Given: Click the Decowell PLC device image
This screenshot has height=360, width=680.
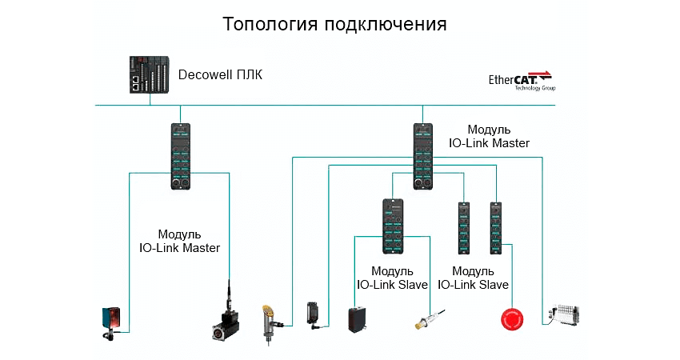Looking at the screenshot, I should coord(150,75).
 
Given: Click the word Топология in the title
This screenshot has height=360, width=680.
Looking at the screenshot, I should coord(269,23).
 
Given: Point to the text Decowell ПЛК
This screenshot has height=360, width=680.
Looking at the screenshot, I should coord(219,75).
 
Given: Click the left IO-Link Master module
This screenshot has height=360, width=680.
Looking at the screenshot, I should coord(181,156).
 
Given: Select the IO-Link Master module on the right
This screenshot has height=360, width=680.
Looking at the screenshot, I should coord(423,156).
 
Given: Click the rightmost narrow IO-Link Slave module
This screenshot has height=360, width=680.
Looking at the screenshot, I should coord(496,228).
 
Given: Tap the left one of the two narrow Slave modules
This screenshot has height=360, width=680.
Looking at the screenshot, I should coord(463,228).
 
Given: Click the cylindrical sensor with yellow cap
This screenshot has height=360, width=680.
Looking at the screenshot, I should coord(269,323).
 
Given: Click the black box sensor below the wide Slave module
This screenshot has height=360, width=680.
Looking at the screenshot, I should coord(358,318).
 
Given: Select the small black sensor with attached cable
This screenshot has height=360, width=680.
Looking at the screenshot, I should coord(314,314).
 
